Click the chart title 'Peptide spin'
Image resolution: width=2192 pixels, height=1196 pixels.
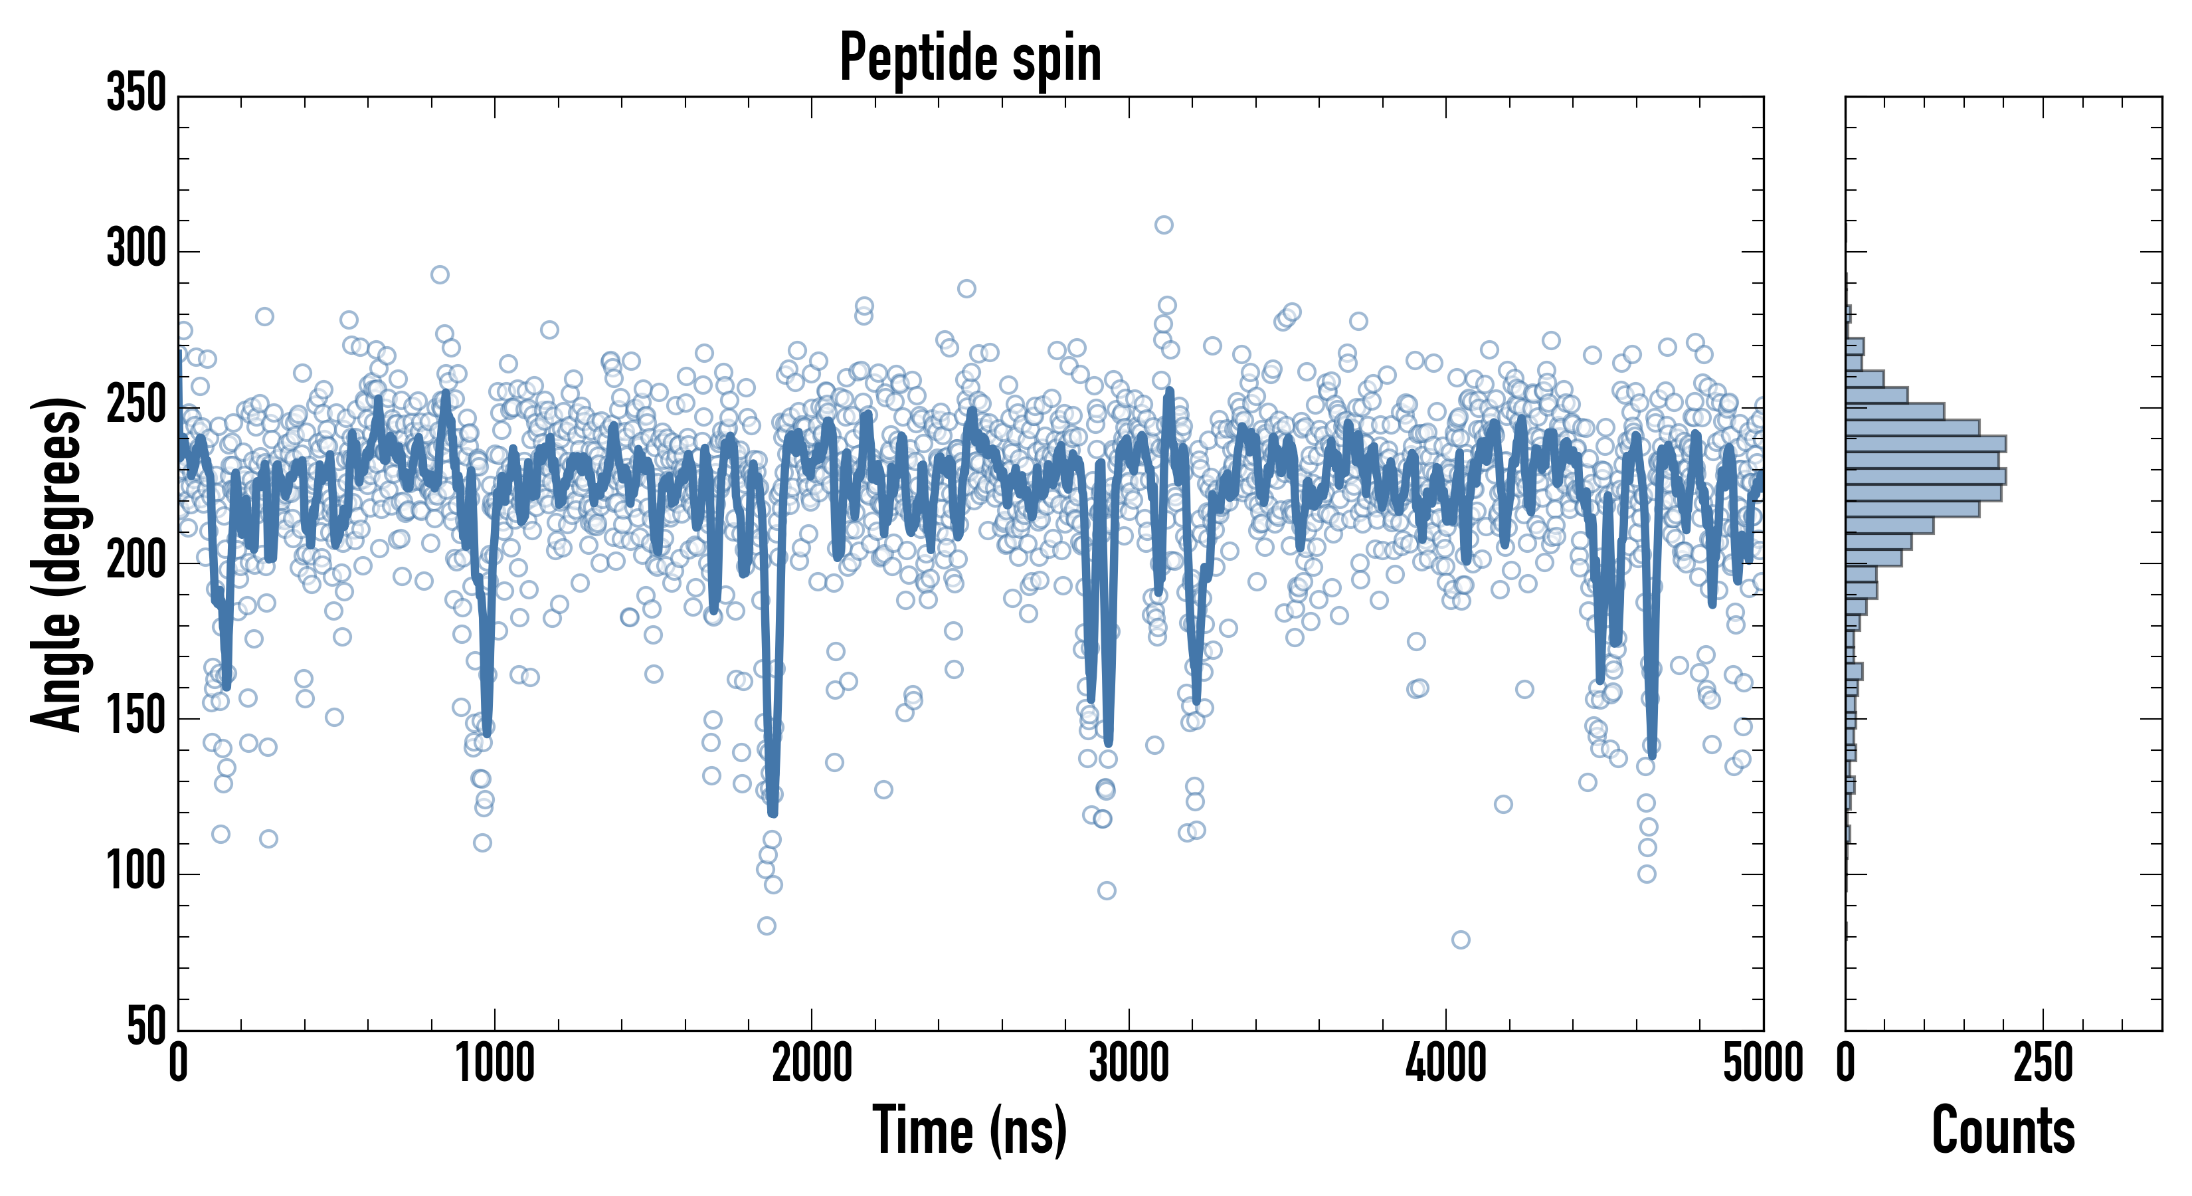pos(970,58)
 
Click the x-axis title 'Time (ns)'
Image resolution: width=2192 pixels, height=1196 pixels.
pos(969,1130)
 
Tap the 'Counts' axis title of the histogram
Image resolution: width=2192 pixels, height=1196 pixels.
pos(2003,1130)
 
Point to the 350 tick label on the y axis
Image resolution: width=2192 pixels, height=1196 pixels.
pos(136,94)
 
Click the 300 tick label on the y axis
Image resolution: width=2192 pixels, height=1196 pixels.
pos(136,250)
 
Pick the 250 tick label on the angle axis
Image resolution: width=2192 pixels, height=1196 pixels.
pos(136,406)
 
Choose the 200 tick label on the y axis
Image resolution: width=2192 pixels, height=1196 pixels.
pos(136,562)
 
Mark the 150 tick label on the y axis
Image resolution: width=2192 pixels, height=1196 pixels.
pos(136,718)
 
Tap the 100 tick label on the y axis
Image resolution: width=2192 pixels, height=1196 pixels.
pos(136,873)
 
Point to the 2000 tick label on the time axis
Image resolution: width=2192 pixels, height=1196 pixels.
pos(812,1064)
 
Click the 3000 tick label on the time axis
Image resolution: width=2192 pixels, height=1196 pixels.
pos(1129,1064)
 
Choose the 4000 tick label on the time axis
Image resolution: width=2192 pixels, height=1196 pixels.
pos(1446,1064)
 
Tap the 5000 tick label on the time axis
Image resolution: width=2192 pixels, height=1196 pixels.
pos(1763,1064)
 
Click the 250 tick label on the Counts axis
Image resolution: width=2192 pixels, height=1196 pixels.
pos(2043,1064)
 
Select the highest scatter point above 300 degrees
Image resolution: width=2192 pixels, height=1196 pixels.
pos(1164,225)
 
